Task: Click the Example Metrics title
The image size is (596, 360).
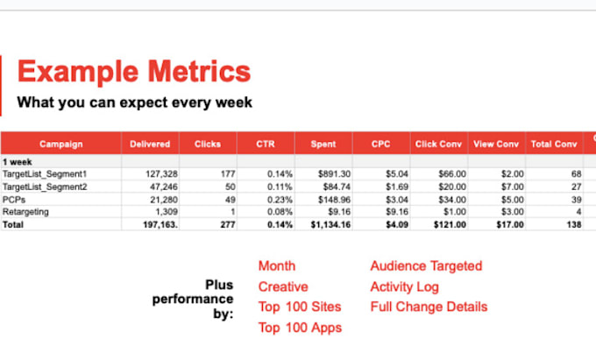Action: [134, 72]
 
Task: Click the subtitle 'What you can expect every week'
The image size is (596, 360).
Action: [135, 102]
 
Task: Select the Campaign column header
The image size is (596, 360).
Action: [60, 144]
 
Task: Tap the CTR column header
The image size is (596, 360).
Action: [266, 144]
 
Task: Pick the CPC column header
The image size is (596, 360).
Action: [380, 144]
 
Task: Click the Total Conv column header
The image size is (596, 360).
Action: [554, 144]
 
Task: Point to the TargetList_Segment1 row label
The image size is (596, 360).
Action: [44, 174]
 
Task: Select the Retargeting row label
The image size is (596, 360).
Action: [26, 212]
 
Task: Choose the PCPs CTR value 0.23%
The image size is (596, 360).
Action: [277, 200]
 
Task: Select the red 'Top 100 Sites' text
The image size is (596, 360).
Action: [300, 307]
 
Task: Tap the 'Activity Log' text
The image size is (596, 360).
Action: [404, 286]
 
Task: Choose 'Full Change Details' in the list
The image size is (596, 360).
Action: [429, 307]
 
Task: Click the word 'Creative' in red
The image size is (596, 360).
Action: [283, 286]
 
